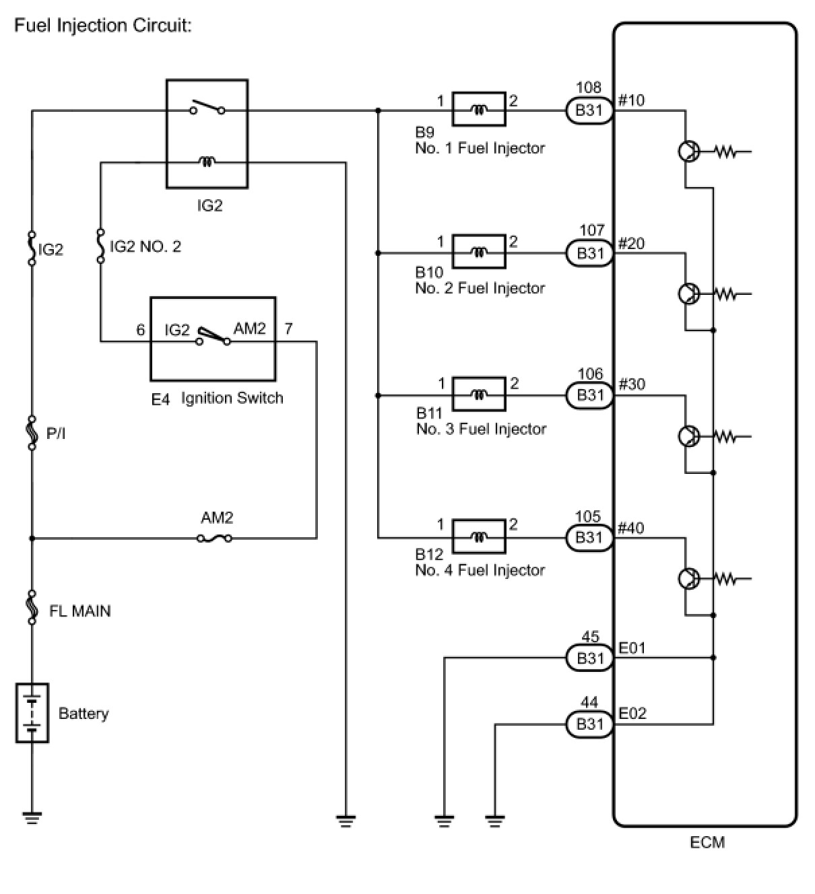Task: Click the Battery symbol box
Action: tap(32, 713)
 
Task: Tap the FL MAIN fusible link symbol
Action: tap(32, 607)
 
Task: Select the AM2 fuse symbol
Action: tap(214, 539)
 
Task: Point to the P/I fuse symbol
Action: tap(32, 433)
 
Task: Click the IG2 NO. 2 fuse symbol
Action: tap(101, 246)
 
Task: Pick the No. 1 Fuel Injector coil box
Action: tap(479, 109)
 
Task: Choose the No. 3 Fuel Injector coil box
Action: tap(479, 394)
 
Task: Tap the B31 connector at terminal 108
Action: tap(589, 110)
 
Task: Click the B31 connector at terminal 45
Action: tap(589, 658)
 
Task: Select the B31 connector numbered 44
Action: tap(589, 724)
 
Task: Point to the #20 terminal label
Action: tap(631, 243)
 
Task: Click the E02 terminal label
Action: tap(632, 714)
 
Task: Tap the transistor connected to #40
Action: tap(689, 578)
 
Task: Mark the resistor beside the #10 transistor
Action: tap(726, 152)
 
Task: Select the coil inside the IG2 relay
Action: tap(207, 162)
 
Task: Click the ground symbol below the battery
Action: tap(32, 818)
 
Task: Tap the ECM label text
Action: tap(707, 842)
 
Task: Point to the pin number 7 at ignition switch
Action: tap(289, 329)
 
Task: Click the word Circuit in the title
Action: tap(160, 26)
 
